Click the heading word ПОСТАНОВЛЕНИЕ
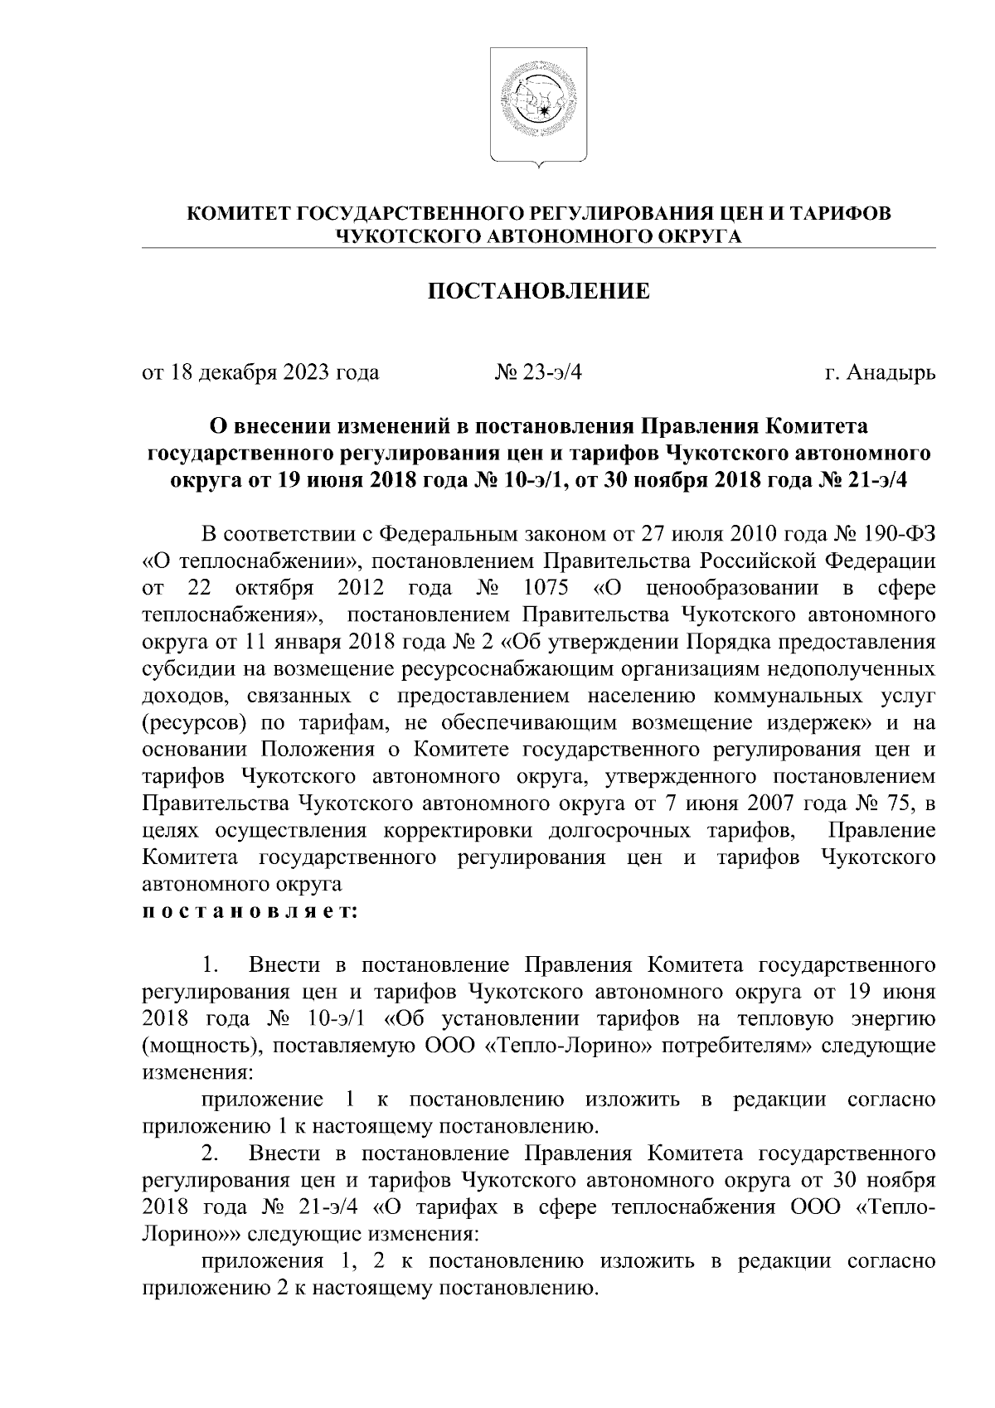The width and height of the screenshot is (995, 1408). tap(538, 292)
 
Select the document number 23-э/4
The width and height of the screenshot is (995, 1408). tap(551, 373)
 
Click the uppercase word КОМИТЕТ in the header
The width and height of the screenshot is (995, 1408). tap(239, 214)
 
